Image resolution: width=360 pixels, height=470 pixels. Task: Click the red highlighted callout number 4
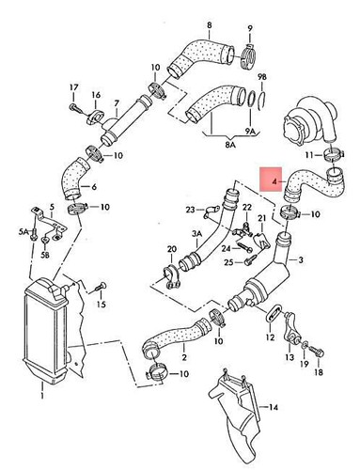pyautogui.click(x=274, y=177)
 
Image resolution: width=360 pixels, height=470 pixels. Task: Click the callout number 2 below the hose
pyautogui.click(x=183, y=358)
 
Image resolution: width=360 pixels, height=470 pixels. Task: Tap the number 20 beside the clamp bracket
pyautogui.click(x=170, y=249)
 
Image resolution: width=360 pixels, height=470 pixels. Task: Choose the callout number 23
pyautogui.click(x=189, y=209)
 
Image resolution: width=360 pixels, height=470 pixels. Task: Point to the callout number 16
pyautogui.click(x=96, y=97)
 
